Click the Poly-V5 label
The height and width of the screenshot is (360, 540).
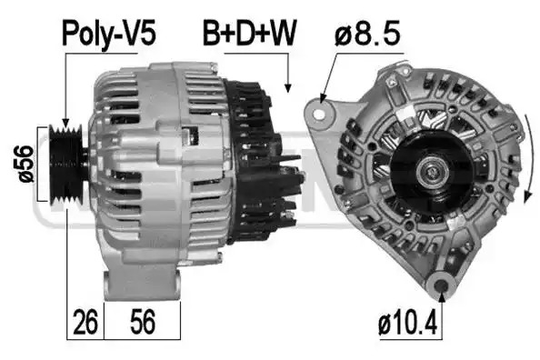(109, 35)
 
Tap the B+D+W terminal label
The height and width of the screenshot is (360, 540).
(250, 33)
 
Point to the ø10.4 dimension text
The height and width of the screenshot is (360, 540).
(408, 323)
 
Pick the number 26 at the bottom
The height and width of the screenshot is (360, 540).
(85, 322)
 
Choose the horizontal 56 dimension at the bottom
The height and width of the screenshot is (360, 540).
(143, 322)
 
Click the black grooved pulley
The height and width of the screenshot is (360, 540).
(66, 165)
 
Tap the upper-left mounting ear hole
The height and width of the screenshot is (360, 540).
(319, 114)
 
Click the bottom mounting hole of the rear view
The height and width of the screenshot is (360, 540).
(442, 285)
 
